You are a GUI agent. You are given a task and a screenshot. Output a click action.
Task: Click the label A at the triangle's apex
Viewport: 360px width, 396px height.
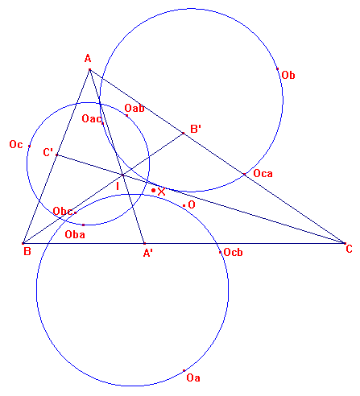(88, 58)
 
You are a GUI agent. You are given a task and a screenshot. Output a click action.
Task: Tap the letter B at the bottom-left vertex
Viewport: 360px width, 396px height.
(27, 252)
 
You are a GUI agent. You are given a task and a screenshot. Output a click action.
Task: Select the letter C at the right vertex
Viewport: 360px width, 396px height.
(349, 249)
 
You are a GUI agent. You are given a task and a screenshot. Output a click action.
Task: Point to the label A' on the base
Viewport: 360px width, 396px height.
(147, 253)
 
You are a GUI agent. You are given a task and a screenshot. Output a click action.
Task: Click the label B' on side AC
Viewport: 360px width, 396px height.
(196, 129)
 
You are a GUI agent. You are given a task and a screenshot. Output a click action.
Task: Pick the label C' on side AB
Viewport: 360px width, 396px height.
(48, 152)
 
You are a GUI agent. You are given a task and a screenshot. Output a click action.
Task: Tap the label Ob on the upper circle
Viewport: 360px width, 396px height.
(288, 75)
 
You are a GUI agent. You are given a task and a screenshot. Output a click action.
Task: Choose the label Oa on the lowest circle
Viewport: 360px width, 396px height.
(193, 377)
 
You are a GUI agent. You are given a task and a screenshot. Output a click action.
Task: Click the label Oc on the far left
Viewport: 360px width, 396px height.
(16, 144)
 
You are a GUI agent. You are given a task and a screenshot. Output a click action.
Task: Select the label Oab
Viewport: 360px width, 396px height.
(134, 108)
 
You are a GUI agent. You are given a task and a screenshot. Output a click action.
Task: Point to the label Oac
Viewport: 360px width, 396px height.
(92, 118)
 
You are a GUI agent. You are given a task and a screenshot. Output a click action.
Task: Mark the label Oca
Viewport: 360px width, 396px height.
(263, 174)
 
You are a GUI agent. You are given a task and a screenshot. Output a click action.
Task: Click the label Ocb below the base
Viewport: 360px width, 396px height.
(233, 252)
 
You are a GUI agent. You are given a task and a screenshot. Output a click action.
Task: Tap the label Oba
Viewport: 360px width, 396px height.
(75, 234)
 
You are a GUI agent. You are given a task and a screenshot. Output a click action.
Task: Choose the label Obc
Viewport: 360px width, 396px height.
(63, 211)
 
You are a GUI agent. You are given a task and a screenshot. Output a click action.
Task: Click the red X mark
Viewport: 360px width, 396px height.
(161, 192)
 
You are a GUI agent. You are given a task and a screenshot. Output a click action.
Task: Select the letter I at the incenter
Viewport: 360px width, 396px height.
(118, 186)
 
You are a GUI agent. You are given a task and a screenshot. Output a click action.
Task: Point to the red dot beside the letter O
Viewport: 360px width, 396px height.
(184, 206)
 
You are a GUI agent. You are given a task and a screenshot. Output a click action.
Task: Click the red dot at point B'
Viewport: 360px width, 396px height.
(184, 133)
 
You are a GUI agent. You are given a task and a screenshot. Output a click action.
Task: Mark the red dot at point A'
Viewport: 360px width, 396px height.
(144, 243)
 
